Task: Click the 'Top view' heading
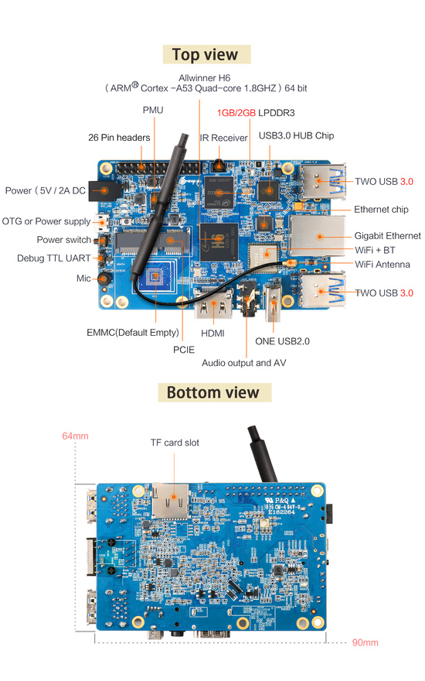(205, 55)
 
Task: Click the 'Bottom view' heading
(213, 392)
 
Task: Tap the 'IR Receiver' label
(224, 138)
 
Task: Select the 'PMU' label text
(153, 111)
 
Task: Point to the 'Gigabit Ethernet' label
(387, 236)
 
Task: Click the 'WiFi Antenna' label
(382, 265)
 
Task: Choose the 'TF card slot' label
(175, 443)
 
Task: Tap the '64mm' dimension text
(75, 436)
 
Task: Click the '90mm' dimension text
(365, 642)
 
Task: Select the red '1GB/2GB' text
(236, 113)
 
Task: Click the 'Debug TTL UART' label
(54, 258)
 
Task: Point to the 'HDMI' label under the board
(212, 333)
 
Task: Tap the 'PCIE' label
(184, 350)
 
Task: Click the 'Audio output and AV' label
(243, 363)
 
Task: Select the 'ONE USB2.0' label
(282, 341)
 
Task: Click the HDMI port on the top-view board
(214, 303)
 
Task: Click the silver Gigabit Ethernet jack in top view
(318, 236)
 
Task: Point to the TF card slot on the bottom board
(171, 501)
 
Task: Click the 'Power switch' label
(63, 240)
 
